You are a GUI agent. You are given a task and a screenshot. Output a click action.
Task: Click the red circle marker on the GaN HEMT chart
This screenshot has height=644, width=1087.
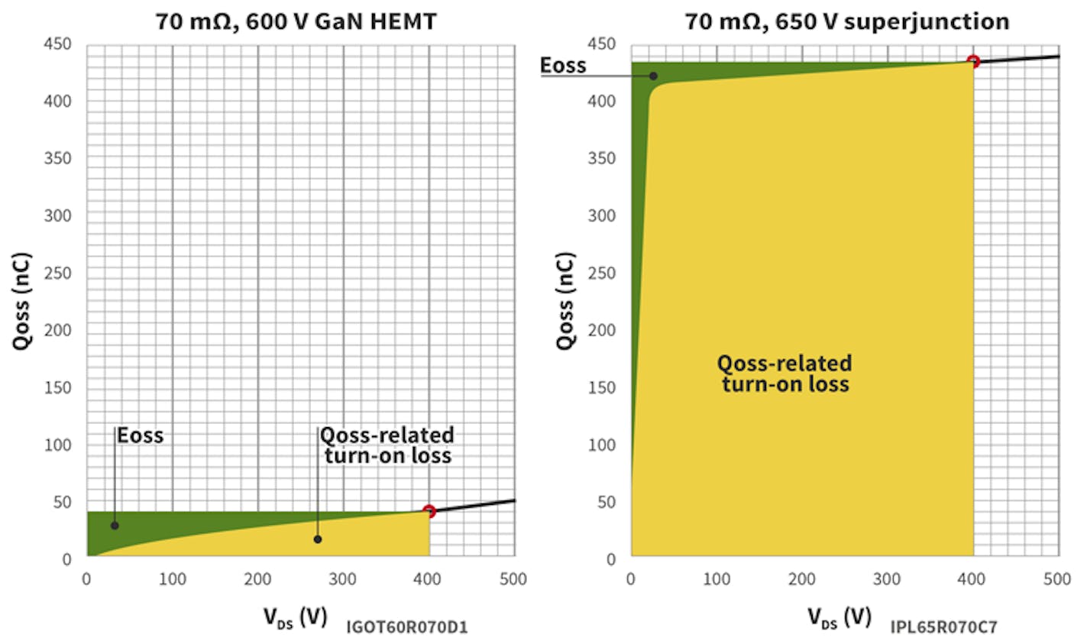[429, 511]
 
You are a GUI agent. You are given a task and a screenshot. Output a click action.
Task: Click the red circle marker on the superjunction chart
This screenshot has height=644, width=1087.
[973, 61]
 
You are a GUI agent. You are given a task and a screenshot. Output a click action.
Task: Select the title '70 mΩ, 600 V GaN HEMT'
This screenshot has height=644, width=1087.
[296, 21]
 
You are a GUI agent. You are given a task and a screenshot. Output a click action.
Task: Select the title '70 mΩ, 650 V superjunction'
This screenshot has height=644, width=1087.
[846, 21]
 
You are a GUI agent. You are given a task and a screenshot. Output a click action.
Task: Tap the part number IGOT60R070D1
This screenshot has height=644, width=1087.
[406, 628]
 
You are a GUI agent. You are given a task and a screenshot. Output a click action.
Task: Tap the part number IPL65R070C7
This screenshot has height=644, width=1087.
[943, 628]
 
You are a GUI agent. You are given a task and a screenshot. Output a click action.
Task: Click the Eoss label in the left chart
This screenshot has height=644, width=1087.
[141, 435]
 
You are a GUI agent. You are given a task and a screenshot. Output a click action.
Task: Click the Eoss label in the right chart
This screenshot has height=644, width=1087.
[563, 66]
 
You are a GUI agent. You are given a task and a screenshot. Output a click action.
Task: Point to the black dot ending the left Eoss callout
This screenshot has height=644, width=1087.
[115, 526]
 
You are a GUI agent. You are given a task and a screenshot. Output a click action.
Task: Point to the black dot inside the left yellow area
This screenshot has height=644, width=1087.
[318, 539]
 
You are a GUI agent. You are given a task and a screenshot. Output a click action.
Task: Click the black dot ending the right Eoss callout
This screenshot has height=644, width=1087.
[653, 76]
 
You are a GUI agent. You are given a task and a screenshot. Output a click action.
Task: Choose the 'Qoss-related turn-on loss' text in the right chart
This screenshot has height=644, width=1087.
[785, 373]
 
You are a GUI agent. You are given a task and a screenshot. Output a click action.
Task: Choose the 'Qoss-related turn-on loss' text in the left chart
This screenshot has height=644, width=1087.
[387, 445]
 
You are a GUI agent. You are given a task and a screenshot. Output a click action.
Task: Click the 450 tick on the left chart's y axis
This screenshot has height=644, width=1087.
[57, 44]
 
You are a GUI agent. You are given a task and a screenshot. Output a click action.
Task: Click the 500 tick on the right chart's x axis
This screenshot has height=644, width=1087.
[1057, 580]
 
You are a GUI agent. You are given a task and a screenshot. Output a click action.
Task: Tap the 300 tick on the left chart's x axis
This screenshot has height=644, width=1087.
[342, 580]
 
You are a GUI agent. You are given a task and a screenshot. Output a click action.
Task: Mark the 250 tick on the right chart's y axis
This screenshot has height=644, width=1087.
[601, 273]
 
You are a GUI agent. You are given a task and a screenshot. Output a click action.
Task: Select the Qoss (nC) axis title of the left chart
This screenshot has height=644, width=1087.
[23, 301]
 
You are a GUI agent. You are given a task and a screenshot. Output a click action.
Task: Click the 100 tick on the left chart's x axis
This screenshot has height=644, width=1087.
[172, 580]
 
